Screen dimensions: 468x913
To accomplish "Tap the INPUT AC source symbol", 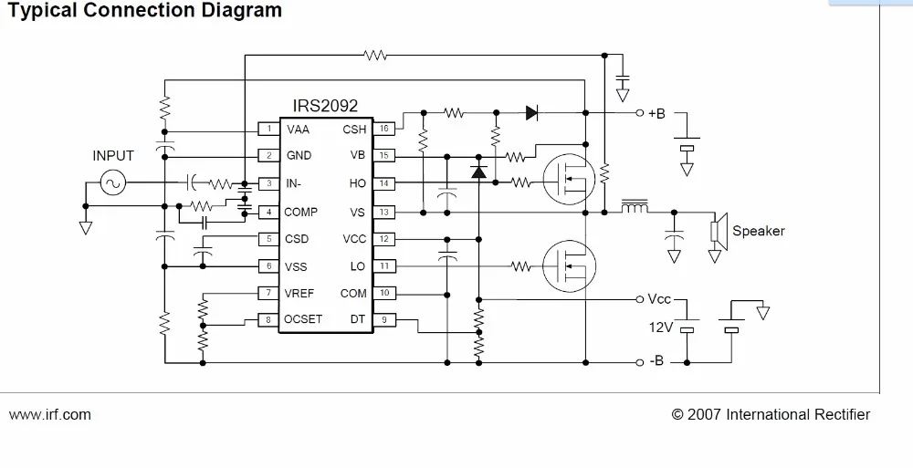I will [113, 183].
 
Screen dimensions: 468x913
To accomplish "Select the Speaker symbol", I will [719, 231].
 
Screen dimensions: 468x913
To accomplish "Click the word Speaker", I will [758, 231].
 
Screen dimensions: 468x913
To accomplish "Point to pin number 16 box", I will [384, 129].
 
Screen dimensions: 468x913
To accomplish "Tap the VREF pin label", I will [299, 293].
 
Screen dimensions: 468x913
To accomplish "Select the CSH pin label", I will [354, 130].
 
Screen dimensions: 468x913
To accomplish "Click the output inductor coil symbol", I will [635, 209].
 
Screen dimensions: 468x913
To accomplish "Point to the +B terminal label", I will [656, 113].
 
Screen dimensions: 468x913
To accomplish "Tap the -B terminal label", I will [656, 361].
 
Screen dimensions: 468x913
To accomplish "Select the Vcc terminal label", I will [659, 298].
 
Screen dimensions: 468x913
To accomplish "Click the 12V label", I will [660, 327].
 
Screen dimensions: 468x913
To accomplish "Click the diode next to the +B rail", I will [532, 113].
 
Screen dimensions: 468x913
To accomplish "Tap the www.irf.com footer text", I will [50, 414].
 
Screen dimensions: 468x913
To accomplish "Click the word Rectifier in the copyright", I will [841, 414].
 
